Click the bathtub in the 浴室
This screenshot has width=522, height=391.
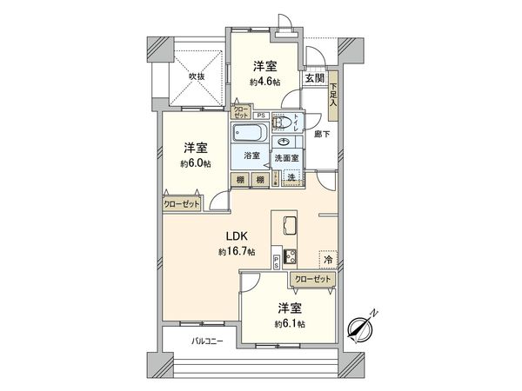pos(251,135)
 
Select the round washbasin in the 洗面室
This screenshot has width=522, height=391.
pos(285,142)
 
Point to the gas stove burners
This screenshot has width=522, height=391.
pos(289,257)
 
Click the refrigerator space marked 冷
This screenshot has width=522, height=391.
pos(329,260)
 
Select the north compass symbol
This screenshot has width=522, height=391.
pos(359,328)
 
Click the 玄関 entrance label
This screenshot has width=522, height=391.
pos(314,78)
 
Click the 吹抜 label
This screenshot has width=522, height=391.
pos(197,77)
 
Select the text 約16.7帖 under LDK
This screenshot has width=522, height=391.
pos(237,252)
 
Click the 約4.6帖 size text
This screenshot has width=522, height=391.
pos(266,83)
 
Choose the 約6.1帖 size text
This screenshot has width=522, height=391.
pos(289,323)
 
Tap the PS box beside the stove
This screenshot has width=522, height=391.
pos(277,262)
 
